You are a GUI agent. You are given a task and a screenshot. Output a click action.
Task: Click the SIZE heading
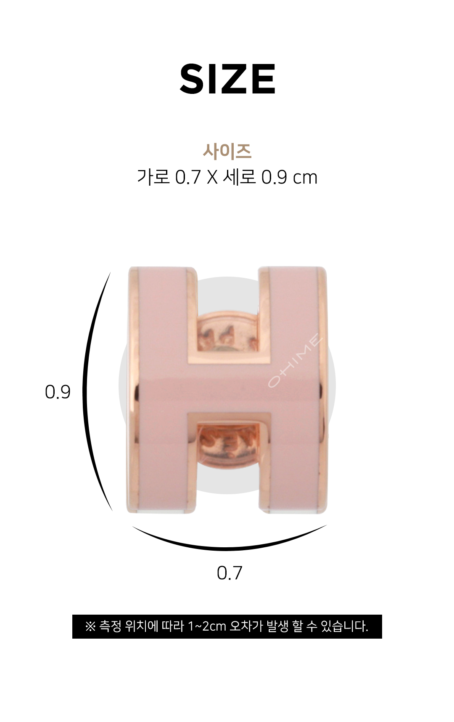[227, 79]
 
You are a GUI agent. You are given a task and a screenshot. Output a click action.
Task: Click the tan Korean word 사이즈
[227, 151]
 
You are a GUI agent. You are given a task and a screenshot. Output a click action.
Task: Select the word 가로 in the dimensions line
[153, 177]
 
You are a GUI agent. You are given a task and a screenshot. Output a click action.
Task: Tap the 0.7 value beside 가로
[187, 178]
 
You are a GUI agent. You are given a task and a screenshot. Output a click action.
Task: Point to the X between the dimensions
[212, 178]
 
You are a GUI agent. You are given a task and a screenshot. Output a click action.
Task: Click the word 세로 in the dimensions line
[239, 177]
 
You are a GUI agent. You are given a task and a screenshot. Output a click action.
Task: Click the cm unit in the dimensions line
[305, 179]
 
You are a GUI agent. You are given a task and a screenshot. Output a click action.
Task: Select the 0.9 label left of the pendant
[58, 392]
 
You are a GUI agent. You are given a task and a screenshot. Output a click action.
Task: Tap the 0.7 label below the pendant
[230, 573]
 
